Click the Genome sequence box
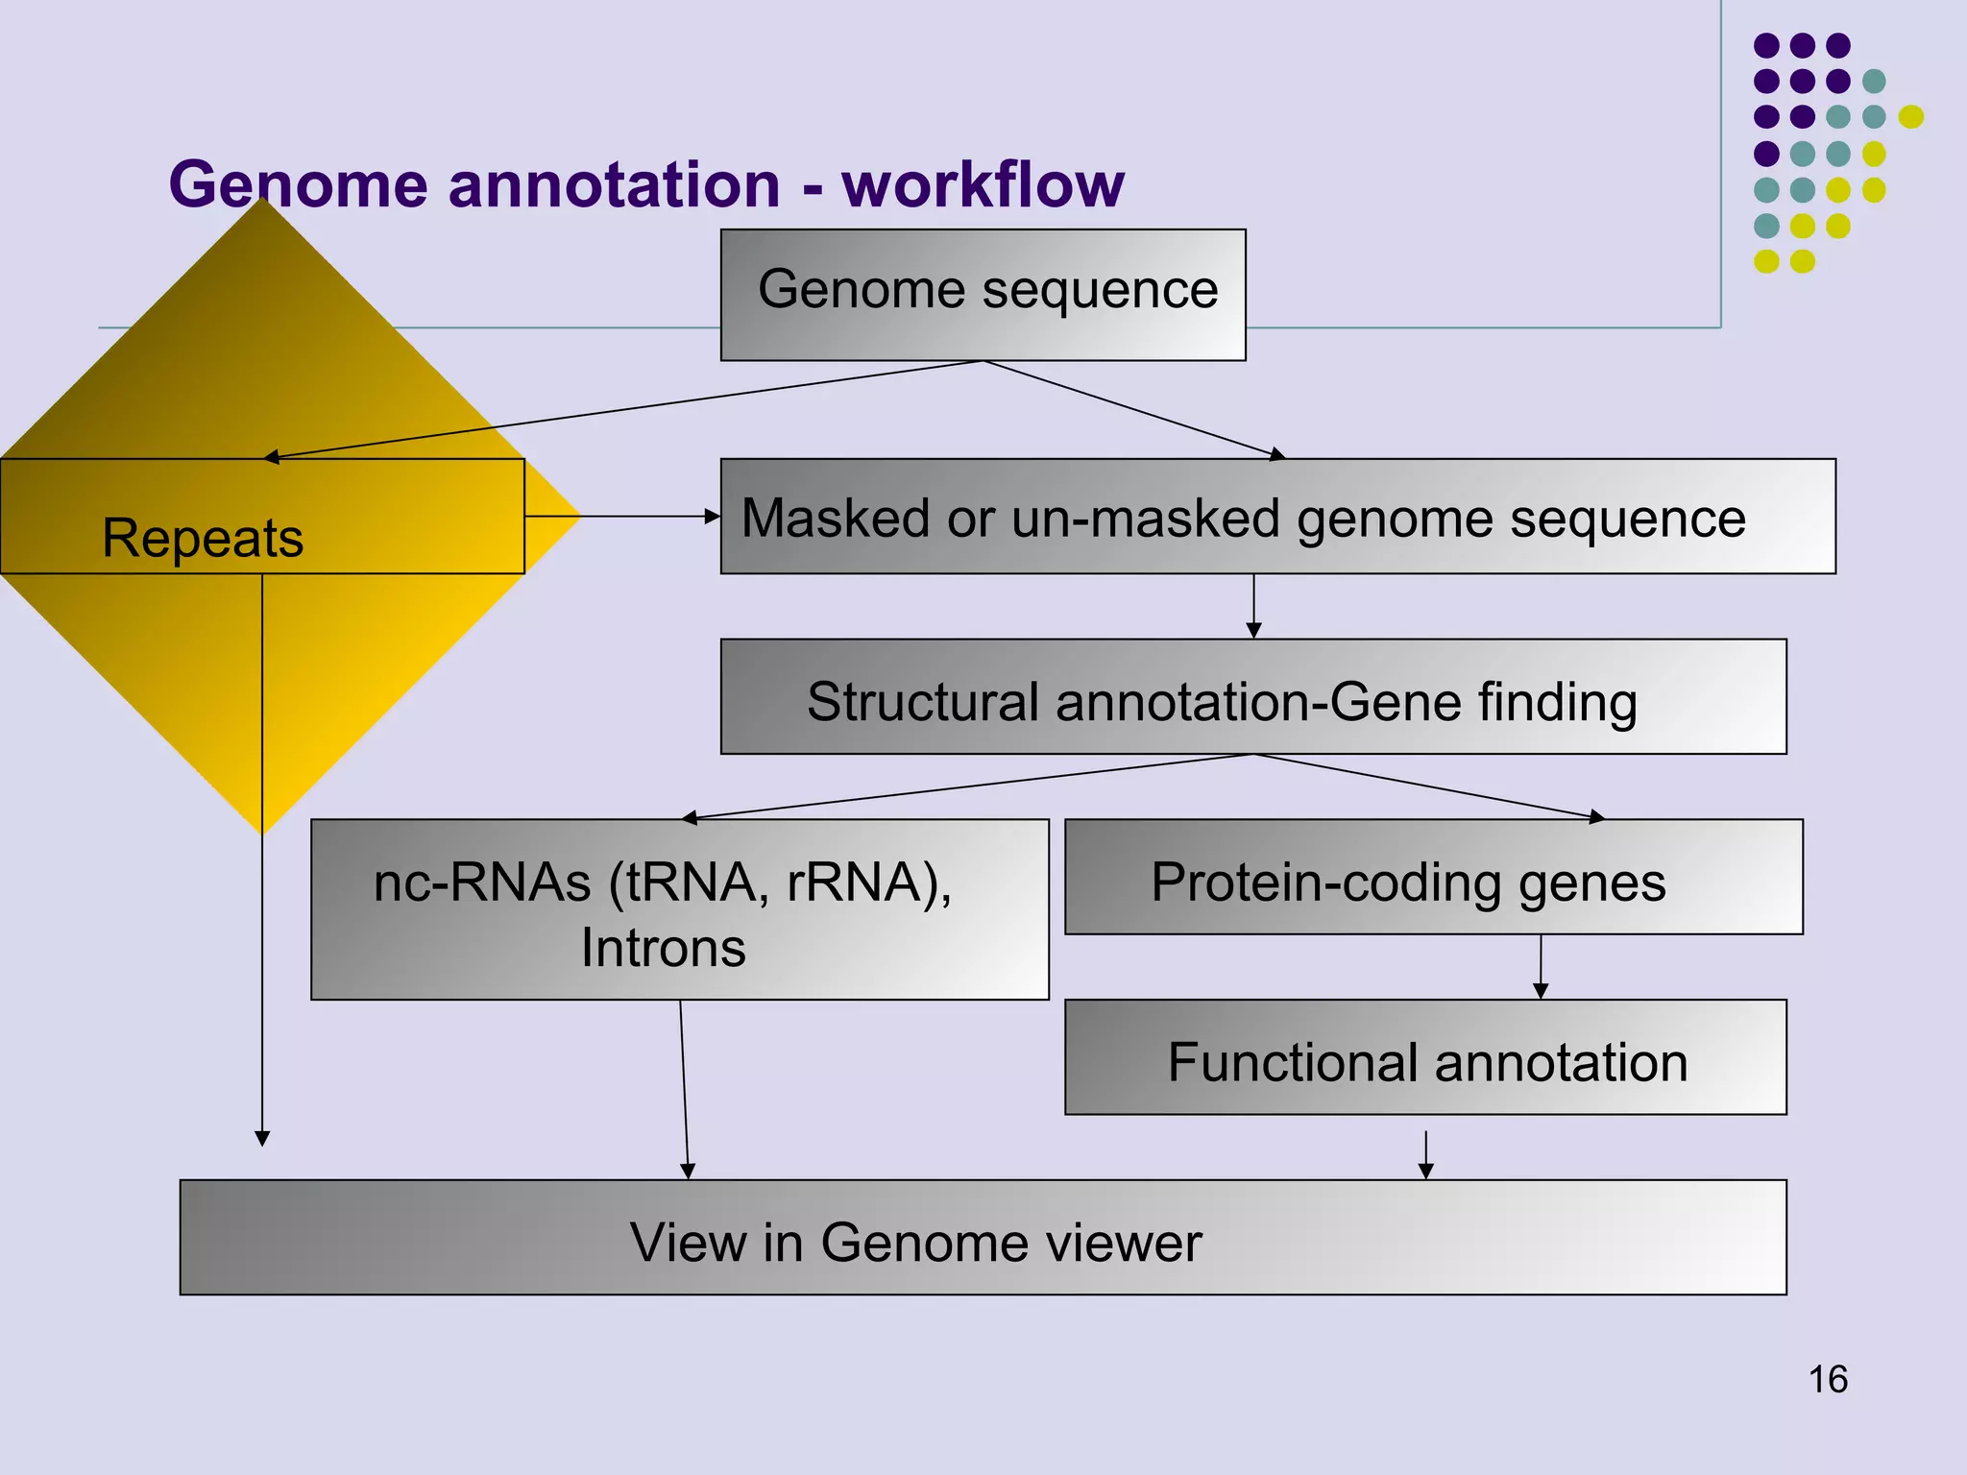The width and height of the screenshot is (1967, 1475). click(x=983, y=294)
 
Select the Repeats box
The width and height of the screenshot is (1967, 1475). click(x=261, y=517)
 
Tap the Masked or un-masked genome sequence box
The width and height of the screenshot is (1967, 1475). click(x=1277, y=517)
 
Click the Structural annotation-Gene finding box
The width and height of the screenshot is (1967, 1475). click(x=1252, y=697)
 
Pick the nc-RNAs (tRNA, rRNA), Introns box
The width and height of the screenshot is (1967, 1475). click(x=679, y=909)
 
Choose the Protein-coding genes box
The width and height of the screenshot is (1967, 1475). click(x=1433, y=877)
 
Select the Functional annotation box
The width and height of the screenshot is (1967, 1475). click(x=1425, y=1057)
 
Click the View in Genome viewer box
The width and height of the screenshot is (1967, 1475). click(x=983, y=1238)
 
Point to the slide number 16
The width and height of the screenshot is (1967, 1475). click(x=1827, y=1380)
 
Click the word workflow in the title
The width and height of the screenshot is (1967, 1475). click(x=983, y=184)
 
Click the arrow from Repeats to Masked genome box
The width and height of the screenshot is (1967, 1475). click(x=624, y=517)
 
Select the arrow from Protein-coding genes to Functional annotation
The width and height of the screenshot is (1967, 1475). click(x=1541, y=968)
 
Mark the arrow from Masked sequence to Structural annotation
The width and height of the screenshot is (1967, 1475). click(x=1253, y=607)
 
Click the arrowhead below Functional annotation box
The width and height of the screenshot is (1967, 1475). click(x=1425, y=1169)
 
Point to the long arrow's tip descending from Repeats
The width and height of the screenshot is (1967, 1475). click(x=262, y=1138)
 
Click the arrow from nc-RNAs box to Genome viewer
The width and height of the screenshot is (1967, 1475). click(x=684, y=1090)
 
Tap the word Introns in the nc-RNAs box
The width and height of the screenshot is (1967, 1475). click(x=663, y=948)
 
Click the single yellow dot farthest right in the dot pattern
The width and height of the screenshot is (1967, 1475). click(x=1910, y=116)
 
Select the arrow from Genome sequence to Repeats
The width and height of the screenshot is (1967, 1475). click(x=624, y=409)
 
